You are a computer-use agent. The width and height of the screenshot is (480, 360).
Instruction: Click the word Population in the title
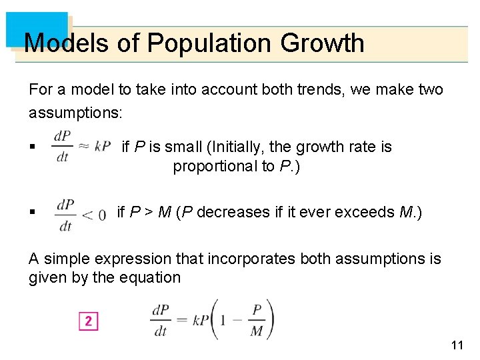(210, 43)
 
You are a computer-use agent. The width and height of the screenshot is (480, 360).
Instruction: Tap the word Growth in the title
(322, 43)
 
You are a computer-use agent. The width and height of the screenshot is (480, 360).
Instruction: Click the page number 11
(457, 345)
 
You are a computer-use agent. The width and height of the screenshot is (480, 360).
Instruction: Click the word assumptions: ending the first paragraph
(75, 113)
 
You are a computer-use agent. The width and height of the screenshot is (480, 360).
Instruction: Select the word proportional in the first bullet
(214, 166)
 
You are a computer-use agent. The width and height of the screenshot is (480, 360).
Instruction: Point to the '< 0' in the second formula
(93, 215)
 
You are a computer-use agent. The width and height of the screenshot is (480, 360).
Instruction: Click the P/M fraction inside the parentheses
(256, 321)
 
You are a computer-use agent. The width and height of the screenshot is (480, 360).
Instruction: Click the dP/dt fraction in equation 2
(160, 320)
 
